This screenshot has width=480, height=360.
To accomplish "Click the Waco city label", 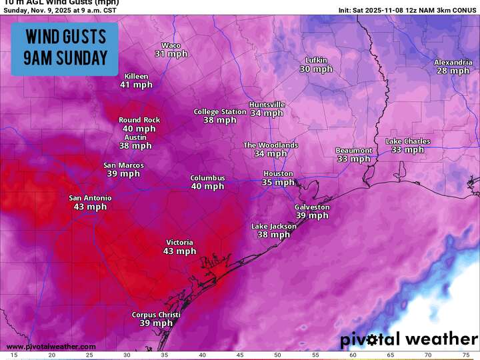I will [x=171, y=45].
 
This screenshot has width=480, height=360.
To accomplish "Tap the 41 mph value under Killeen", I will [x=136, y=85].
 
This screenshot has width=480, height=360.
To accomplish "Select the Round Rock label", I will [x=139, y=120].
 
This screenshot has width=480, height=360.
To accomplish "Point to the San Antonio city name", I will [x=91, y=198].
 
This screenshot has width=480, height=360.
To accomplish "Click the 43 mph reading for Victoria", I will [x=180, y=251].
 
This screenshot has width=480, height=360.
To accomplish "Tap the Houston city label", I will [x=278, y=173].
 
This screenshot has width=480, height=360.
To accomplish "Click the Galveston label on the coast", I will [x=312, y=207].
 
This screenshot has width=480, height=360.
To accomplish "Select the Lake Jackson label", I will [x=273, y=227].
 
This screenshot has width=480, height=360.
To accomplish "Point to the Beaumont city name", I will [x=353, y=151].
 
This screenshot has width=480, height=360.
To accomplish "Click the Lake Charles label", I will [x=408, y=141].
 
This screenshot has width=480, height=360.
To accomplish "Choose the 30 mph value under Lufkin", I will [x=316, y=69].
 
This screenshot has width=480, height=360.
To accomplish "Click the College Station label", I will [x=220, y=112].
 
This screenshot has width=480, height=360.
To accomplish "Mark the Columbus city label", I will [x=207, y=178].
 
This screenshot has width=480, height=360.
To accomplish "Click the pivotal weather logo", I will [x=409, y=339].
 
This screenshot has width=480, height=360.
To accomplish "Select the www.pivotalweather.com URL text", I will [x=51, y=347].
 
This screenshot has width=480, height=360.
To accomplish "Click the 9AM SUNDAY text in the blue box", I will [x=65, y=58].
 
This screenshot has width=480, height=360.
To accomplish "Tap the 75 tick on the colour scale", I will [x=465, y=356].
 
